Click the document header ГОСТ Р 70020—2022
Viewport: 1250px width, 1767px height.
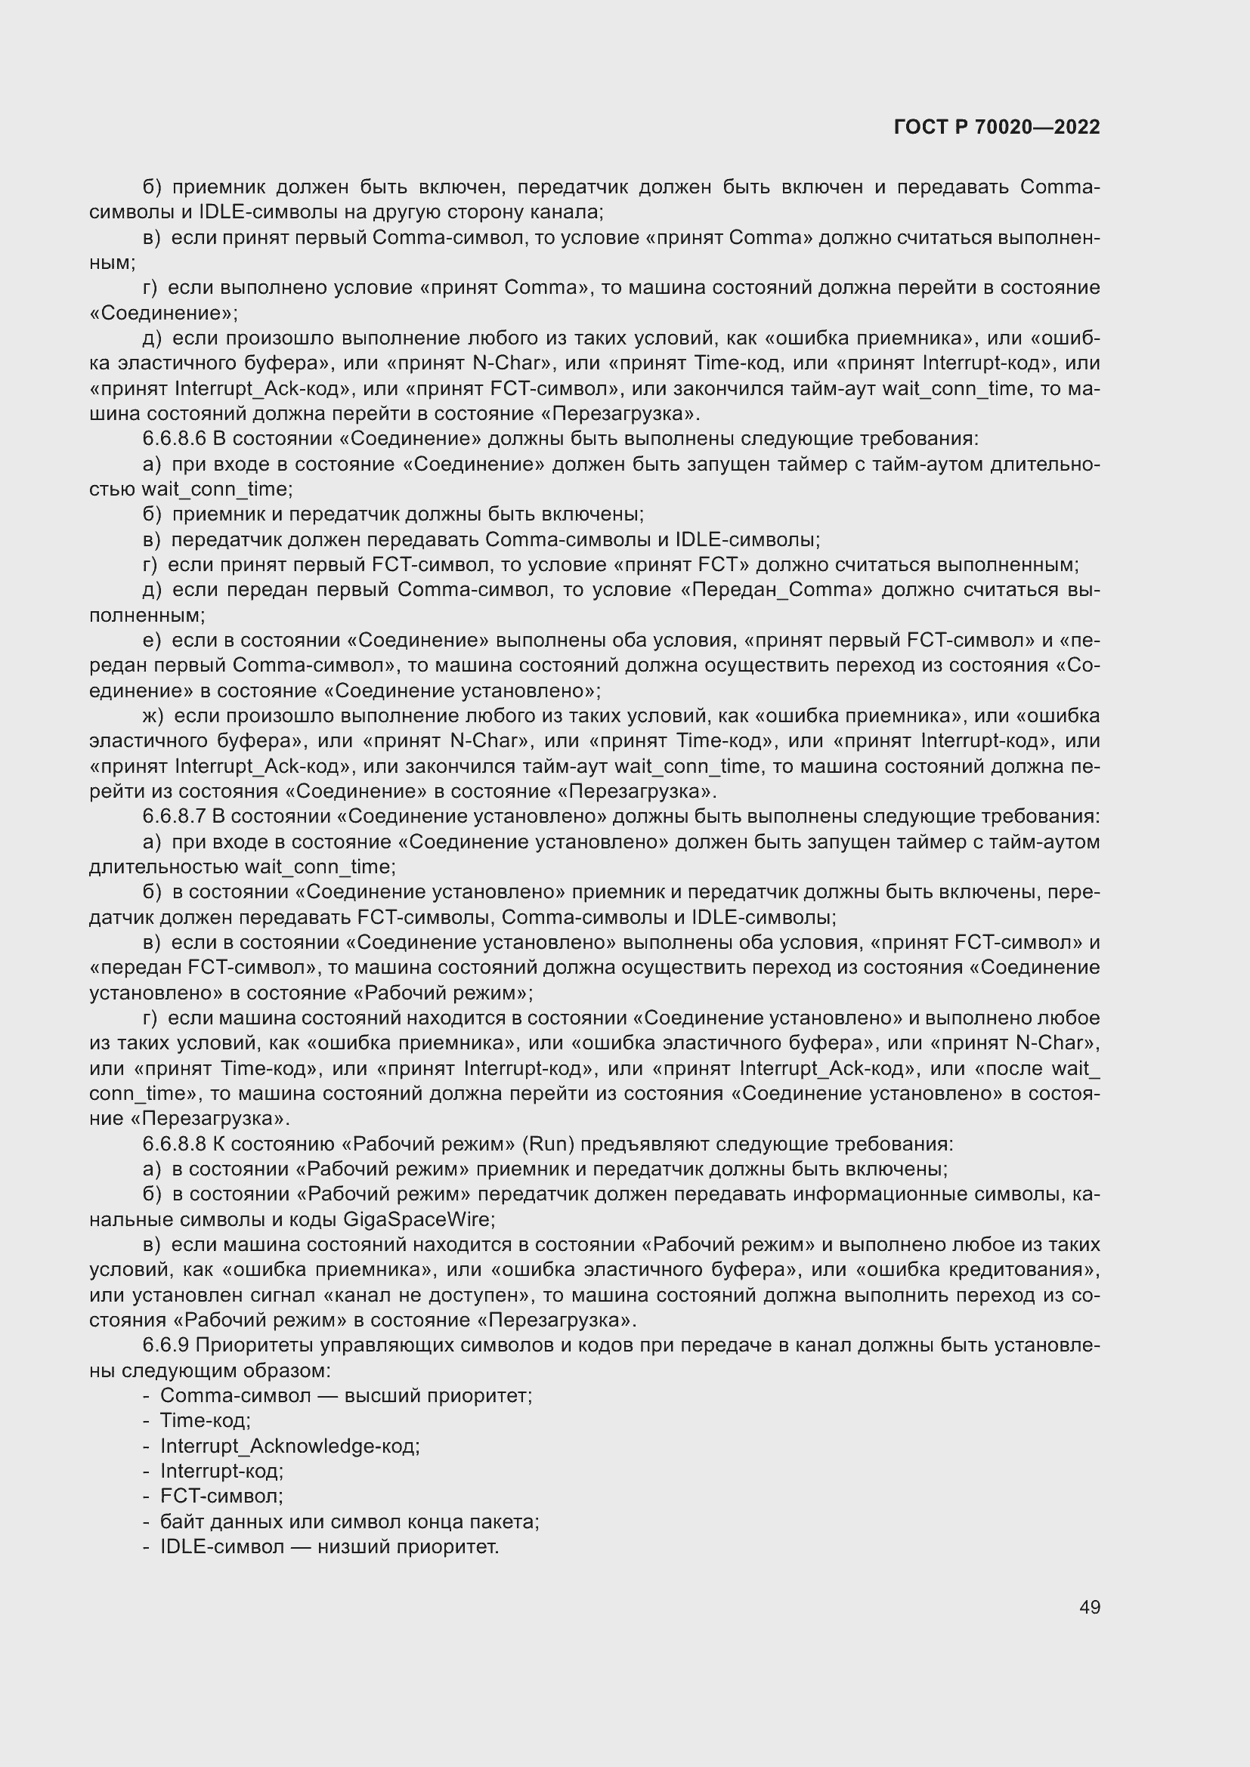tap(997, 128)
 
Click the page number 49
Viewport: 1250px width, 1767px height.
tap(1089, 1607)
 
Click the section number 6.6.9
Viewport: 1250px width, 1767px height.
tap(166, 1345)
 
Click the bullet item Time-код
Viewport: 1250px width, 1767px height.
tap(205, 1421)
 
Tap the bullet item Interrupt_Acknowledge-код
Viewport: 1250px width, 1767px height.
tap(289, 1446)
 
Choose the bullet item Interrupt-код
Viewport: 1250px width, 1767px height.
tap(221, 1472)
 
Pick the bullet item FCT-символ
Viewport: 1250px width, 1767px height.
tap(221, 1496)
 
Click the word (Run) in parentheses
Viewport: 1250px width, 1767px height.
tap(548, 1144)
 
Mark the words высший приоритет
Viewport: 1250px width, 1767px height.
tap(438, 1395)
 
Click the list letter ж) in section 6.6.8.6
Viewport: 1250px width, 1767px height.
tap(153, 716)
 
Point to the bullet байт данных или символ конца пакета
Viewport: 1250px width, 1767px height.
tap(349, 1521)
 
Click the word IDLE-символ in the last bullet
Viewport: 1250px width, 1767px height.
tap(221, 1547)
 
